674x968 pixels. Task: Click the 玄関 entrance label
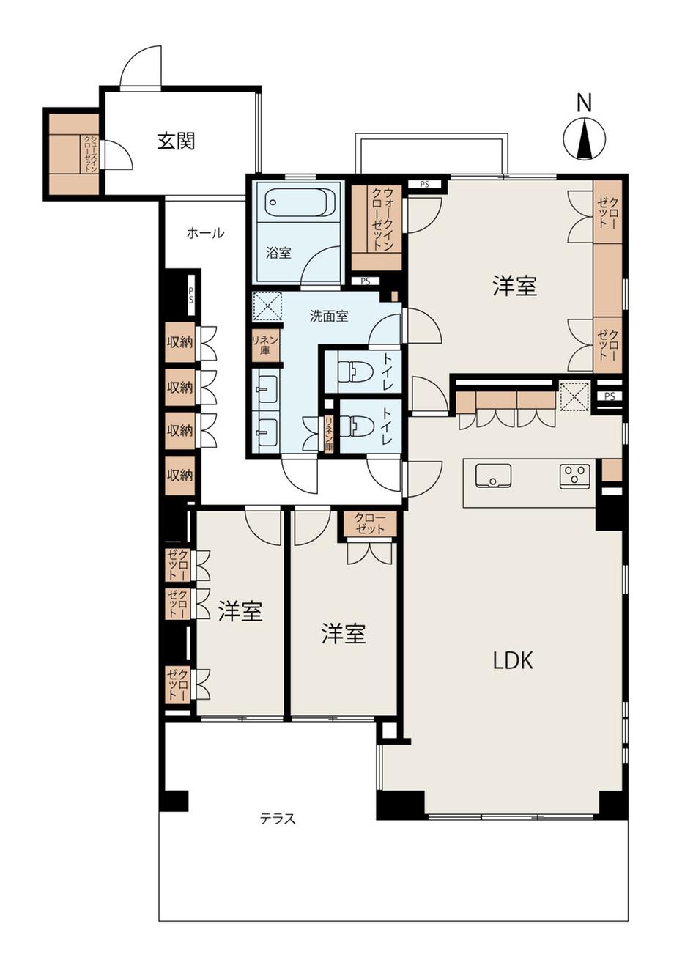click(x=176, y=141)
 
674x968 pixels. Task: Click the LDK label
click(x=514, y=660)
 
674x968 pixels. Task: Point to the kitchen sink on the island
click(x=493, y=476)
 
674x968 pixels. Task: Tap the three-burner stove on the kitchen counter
click(x=574, y=476)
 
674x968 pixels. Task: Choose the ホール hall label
click(x=206, y=233)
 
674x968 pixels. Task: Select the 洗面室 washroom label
click(x=329, y=317)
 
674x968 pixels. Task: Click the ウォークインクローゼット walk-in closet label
click(x=383, y=218)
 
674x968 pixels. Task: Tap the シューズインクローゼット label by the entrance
click(x=91, y=154)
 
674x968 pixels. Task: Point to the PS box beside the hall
click(x=190, y=294)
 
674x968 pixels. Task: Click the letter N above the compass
click(x=584, y=103)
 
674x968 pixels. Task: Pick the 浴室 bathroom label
click(x=278, y=253)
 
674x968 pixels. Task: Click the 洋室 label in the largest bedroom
click(x=515, y=286)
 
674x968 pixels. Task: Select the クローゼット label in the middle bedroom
click(x=369, y=523)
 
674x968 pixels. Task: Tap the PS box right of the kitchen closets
click(x=610, y=396)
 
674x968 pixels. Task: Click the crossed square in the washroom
click(x=267, y=306)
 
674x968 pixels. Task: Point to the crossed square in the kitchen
click(x=574, y=396)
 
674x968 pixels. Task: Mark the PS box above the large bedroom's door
click(x=425, y=184)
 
